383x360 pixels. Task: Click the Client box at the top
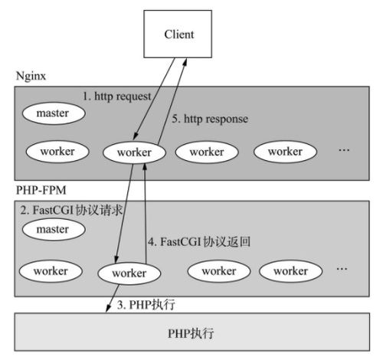(178, 34)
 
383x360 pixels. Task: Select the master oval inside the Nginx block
(53, 114)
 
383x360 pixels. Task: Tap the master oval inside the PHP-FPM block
(53, 228)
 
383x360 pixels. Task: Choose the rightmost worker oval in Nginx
(283, 151)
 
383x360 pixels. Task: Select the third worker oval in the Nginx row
(207, 151)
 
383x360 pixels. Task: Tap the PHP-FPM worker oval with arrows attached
(129, 273)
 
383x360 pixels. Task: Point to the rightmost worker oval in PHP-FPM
(290, 270)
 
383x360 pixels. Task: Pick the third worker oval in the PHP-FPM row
(218, 270)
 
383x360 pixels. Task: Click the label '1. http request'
(117, 97)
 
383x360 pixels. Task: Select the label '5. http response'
(209, 119)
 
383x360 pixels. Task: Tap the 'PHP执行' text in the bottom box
(191, 335)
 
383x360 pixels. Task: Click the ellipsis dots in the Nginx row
(343, 150)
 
